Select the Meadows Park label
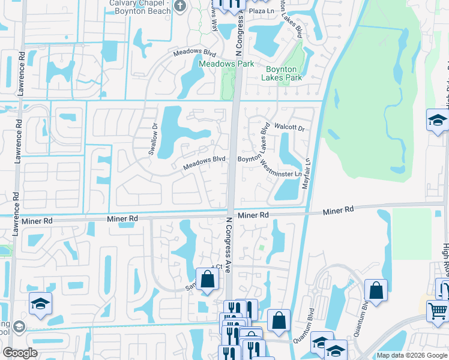coord(227,64)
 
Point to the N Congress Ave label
coord(228,244)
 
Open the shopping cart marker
coord(438,311)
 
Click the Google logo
coord(20,353)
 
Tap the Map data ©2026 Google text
coord(412,356)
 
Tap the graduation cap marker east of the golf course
coord(438,121)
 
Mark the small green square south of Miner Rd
coord(261,247)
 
